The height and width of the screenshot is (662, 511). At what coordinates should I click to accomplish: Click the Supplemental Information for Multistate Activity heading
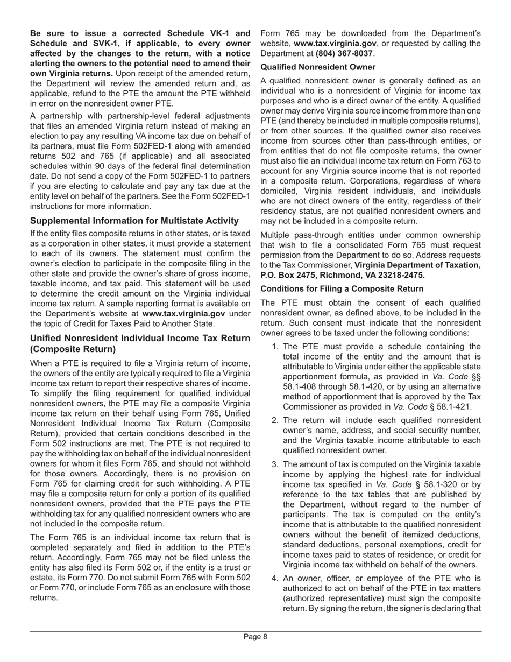click(x=134, y=221)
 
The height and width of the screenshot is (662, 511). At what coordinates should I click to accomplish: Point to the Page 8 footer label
click(x=256, y=637)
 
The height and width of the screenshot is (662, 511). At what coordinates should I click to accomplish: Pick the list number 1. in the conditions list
click(x=275, y=347)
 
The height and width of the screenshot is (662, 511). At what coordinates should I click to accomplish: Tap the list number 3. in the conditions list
click(x=275, y=464)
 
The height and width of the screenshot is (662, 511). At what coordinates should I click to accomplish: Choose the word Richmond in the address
click(x=340, y=275)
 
